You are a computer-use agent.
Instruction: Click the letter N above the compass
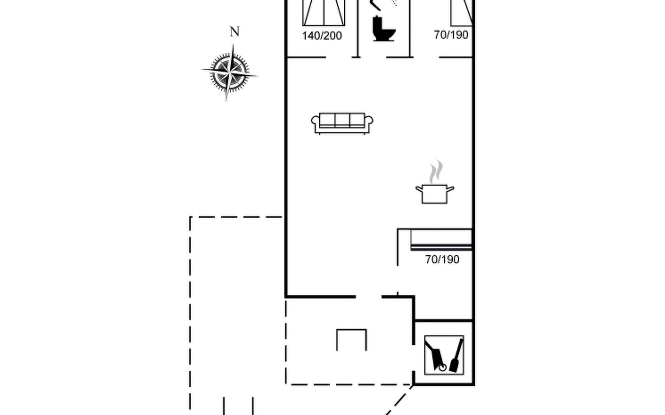(x=234, y=32)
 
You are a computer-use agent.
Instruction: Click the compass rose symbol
(x=229, y=73)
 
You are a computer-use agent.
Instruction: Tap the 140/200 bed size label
(x=322, y=36)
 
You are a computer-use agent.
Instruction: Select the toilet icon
(x=384, y=29)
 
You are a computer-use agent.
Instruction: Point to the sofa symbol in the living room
(x=342, y=123)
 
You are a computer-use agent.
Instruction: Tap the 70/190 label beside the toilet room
(x=451, y=35)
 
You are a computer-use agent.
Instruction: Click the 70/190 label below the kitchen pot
(x=442, y=259)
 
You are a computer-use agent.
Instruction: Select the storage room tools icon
(x=444, y=355)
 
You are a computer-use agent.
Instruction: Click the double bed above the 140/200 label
(x=323, y=13)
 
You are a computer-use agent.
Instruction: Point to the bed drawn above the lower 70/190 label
(x=441, y=239)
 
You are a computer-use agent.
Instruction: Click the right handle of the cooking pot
(x=450, y=189)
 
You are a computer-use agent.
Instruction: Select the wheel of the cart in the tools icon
(x=443, y=367)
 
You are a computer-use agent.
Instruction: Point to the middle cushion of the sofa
(x=342, y=120)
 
